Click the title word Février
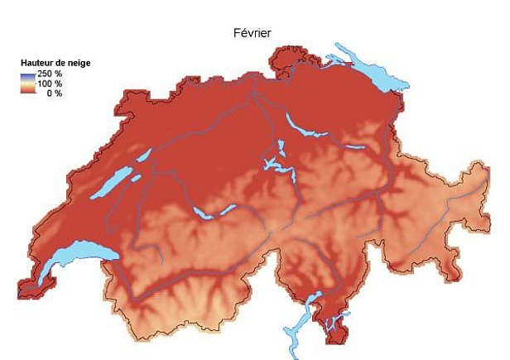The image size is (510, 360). [x=254, y=33]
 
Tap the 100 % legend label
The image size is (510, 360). [x=51, y=84]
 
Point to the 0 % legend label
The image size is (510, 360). [x=55, y=94]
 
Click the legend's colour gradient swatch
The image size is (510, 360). [x=27, y=84]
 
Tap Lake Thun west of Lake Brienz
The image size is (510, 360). [x=202, y=214]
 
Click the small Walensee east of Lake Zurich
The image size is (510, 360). [x=354, y=147]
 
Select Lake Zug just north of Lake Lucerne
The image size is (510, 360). [x=281, y=149]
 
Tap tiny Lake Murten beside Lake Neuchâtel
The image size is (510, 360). [x=136, y=177]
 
